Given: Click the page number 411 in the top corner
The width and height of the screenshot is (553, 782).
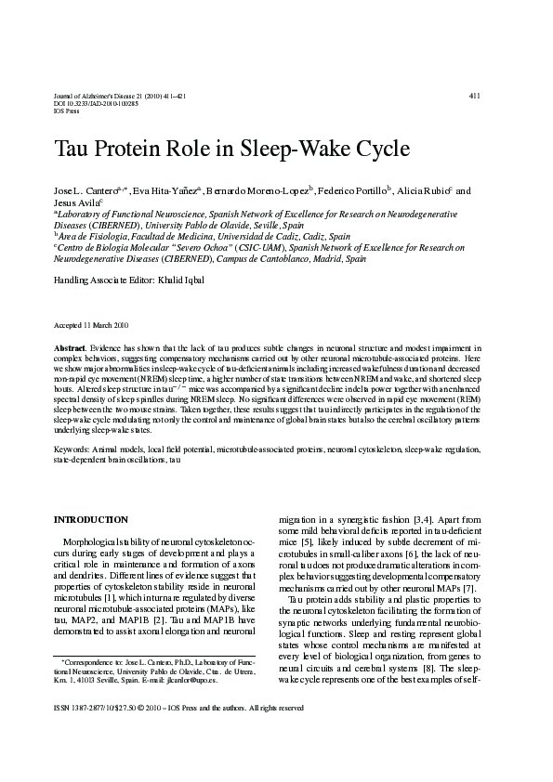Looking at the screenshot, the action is [x=474, y=96].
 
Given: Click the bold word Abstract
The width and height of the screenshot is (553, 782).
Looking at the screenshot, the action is [x=69, y=345].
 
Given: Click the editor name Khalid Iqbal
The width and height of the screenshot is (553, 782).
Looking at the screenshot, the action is [x=189, y=280].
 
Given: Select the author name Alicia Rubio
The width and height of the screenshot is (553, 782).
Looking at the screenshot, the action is [x=424, y=190].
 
